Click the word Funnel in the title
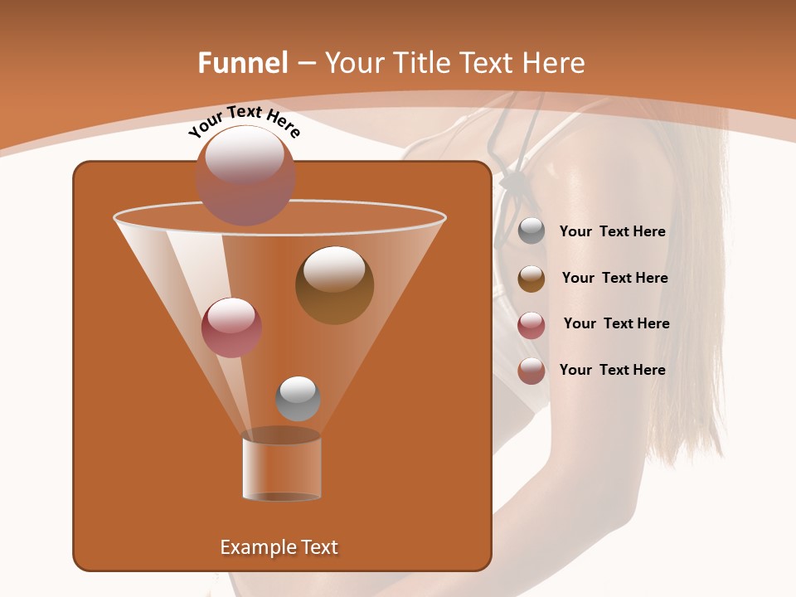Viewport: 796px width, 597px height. point(242,63)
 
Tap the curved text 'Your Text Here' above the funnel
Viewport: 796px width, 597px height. point(244,121)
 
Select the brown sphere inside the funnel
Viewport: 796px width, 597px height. point(334,285)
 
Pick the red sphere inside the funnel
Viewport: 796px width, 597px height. point(231,328)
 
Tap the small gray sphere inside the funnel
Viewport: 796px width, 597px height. point(298,399)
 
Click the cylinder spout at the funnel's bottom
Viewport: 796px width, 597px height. point(281,469)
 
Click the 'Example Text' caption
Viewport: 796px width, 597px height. point(279,547)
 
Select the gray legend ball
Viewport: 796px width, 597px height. point(531,231)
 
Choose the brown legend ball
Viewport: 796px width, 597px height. point(531,279)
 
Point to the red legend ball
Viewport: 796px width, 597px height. point(531,325)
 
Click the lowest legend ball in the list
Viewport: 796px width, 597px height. point(531,371)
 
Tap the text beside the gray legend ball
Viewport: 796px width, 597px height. point(612,232)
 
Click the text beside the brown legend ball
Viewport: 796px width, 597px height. point(614,279)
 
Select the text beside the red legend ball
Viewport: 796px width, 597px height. point(616,324)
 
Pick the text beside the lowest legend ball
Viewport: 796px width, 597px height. point(612,371)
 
